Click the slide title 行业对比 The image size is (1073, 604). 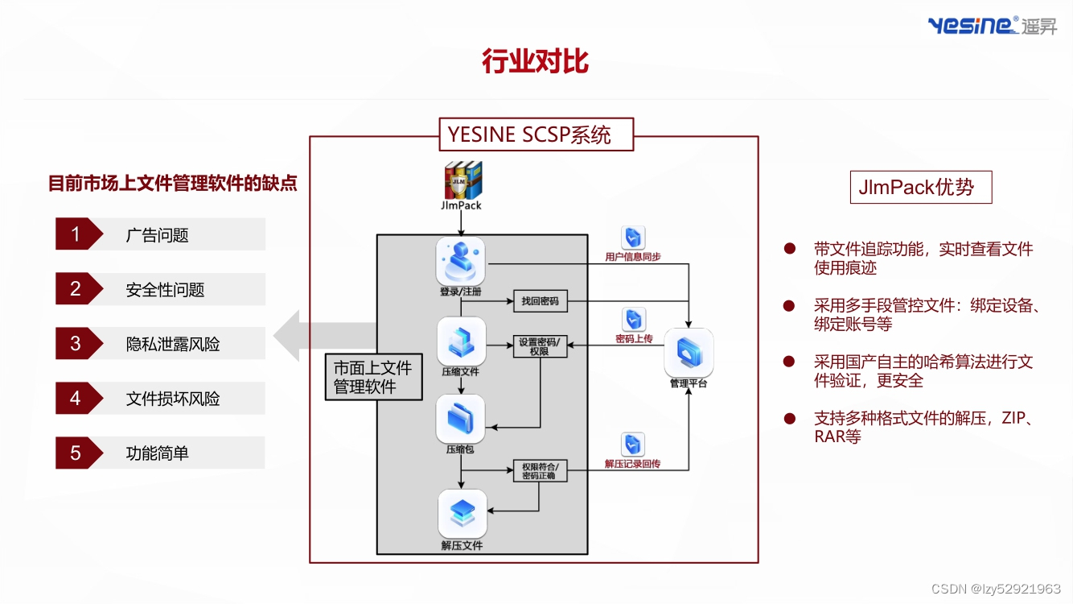coord(535,61)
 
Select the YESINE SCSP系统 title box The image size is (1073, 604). coord(536,134)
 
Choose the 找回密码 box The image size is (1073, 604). coord(541,301)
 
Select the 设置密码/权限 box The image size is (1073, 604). coord(541,346)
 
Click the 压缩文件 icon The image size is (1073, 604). coord(462,341)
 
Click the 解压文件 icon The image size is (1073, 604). coord(462,513)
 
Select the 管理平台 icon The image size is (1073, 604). coord(689,352)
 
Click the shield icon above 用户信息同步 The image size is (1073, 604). coord(633,238)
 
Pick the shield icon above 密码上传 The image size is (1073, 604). coord(634,320)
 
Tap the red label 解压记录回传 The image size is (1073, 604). coord(632,464)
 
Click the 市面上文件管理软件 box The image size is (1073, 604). coord(373,377)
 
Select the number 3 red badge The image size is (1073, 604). coord(76,344)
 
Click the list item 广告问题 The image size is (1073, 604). coord(158,235)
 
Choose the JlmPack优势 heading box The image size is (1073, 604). coord(920,187)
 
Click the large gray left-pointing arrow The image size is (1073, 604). coord(322,336)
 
